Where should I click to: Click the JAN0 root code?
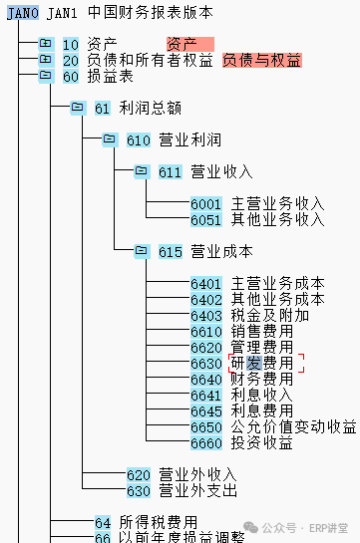[x=23, y=13]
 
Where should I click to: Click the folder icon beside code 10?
[x=46, y=43]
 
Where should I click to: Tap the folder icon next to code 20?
[x=46, y=59]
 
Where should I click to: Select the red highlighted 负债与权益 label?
[x=262, y=60]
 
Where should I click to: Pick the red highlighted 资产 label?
[x=190, y=44]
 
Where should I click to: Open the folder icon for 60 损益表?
[x=46, y=75]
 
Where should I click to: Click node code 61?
[x=103, y=109]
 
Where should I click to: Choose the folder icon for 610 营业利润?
[x=110, y=139]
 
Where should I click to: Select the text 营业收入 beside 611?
[x=221, y=171]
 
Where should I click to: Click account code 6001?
[x=205, y=204]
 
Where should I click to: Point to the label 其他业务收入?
[x=277, y=219]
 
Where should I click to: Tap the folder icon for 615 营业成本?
[x=142, y=251]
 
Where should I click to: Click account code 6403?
[x=205, y=316]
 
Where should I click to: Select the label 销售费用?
[x=261, y=331]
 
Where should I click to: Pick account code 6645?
[x=205, y=411]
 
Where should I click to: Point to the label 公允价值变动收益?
[x=293, y=426]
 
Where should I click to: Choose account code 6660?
[x=205, y=443]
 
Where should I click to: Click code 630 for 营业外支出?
[x=139, y=491]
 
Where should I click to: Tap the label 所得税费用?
[x=158, y=522]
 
